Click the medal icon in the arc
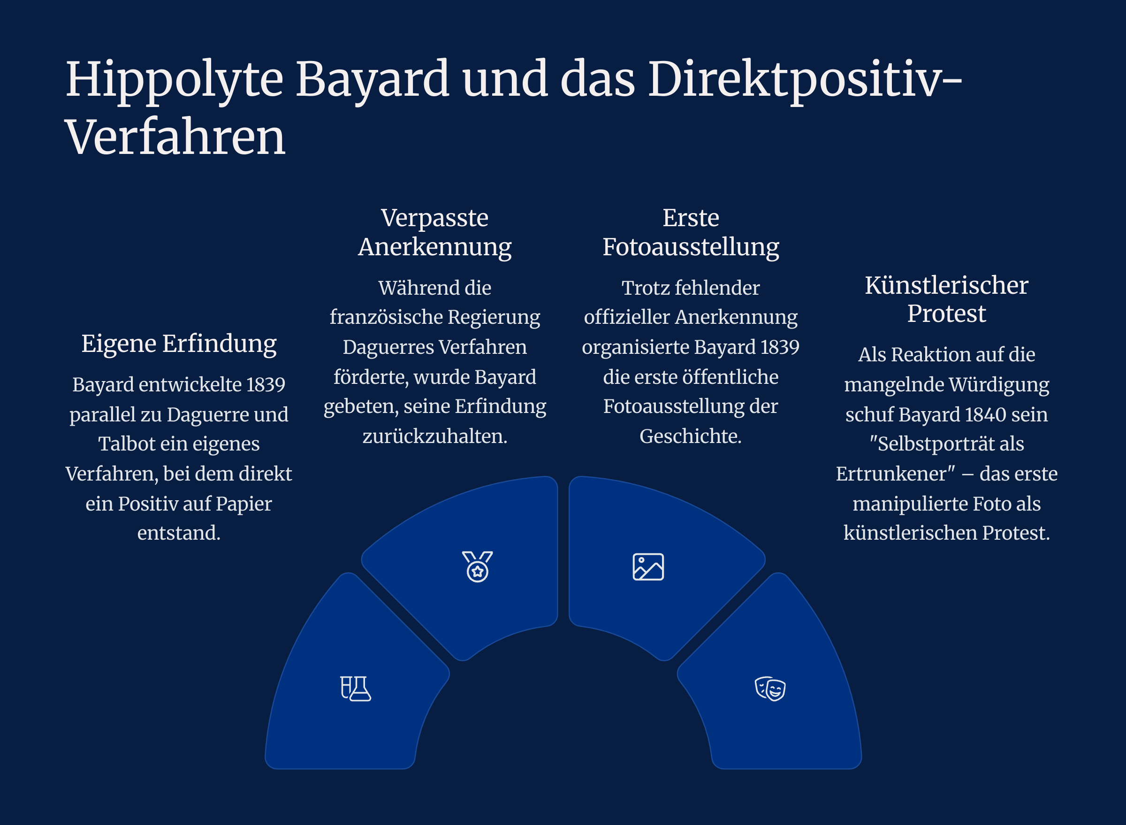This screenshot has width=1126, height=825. [x=477, y=567]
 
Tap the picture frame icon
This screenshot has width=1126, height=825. [x=648, y=567]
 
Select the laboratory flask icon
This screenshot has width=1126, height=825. [x=356, y=688]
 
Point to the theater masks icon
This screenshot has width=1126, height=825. [x=770, y=688]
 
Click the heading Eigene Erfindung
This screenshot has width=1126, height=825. [x=179, y=344]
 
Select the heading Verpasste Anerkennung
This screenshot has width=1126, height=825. [x=435, y=232]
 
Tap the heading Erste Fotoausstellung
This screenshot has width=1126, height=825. [x=691, y=232]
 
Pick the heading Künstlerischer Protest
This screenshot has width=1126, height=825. [x=946, y=299]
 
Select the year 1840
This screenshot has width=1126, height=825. [x=985, y=414]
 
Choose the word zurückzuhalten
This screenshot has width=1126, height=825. [x=435, y=436]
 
